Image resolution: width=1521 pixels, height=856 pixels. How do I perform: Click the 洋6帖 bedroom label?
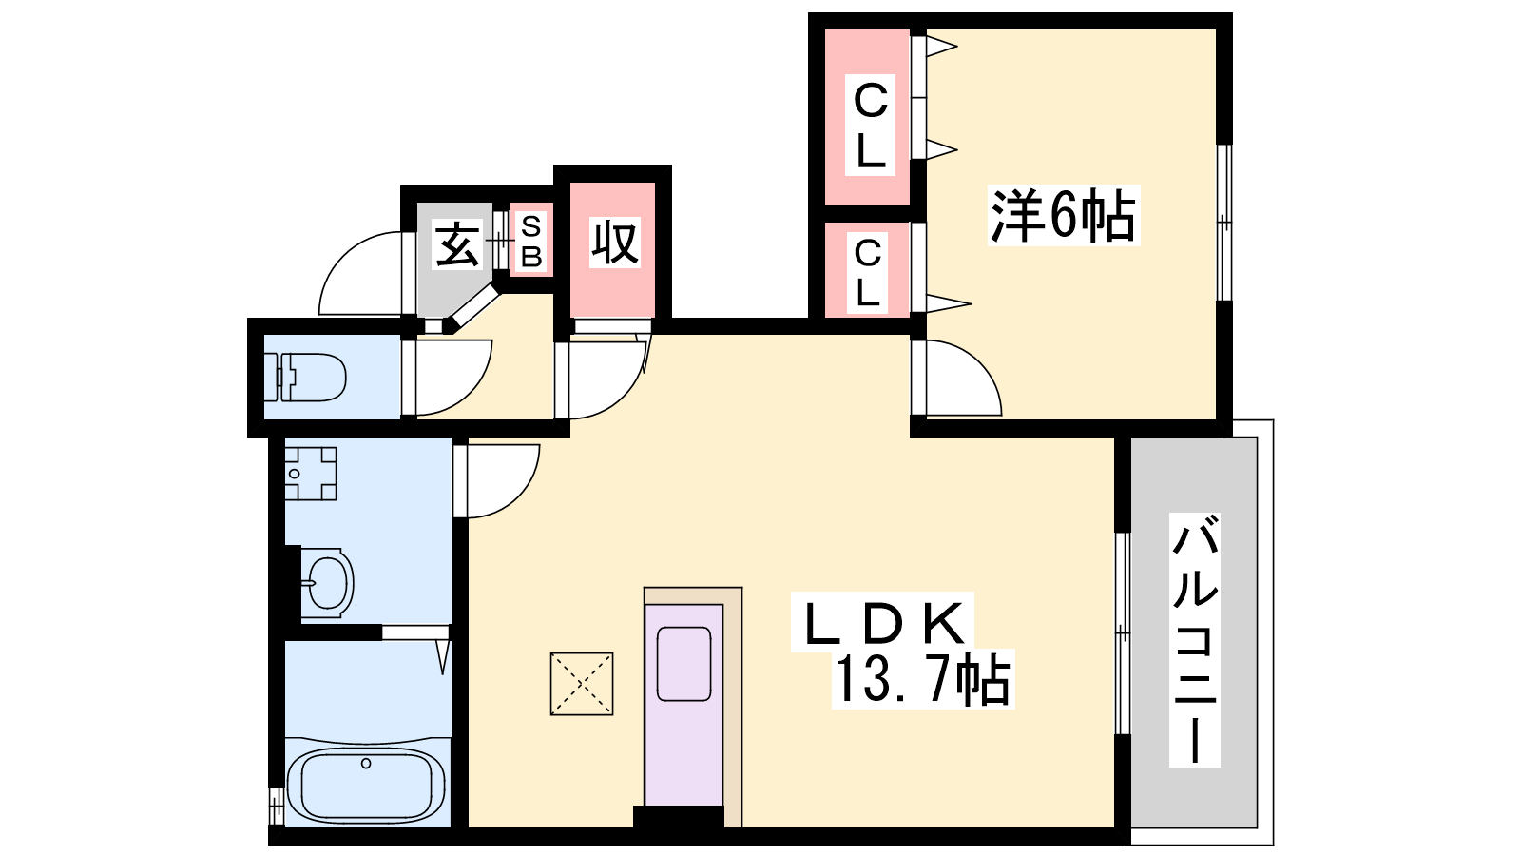1064,215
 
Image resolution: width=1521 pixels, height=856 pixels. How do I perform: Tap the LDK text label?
883,622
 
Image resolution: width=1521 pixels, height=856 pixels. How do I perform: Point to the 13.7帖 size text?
923,679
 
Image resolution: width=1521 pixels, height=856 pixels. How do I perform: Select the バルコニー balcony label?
1194,640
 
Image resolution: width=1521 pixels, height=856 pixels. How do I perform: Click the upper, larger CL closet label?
870,125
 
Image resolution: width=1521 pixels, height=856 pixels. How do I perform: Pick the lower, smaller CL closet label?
868,272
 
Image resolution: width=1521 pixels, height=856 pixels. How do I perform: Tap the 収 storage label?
614,243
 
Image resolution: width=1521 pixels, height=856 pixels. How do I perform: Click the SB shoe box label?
531,241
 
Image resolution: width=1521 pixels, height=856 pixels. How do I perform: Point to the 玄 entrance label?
457,243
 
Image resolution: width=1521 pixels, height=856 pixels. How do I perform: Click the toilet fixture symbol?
305,377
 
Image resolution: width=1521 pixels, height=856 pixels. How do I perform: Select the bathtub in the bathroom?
366,786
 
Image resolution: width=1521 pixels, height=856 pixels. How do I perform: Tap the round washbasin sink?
327,583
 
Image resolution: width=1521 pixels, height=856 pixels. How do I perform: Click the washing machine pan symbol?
310,473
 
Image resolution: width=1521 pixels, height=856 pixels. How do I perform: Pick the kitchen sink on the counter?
684,664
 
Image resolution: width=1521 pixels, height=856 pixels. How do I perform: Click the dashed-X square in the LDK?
582,684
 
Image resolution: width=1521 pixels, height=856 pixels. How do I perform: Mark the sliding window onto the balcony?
1123,633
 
